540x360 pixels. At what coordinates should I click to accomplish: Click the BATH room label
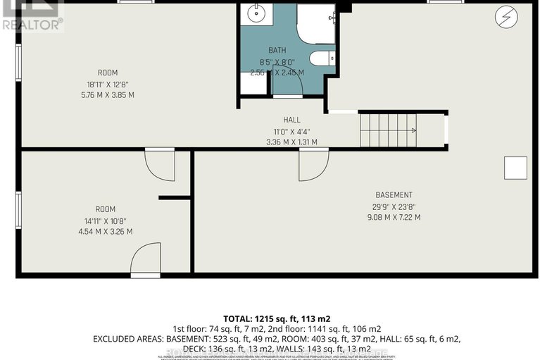pyautogui.click(x=277, y=51)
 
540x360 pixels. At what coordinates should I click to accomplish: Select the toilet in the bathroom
pyautogui.click(x=322, y=58)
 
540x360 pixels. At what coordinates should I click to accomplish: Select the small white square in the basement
pyautogui.click(x=515, y=168)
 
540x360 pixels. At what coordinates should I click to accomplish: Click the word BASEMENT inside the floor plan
pyautogui.click(x=394, y=195)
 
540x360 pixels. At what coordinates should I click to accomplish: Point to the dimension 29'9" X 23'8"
pyautogui.click(x=394, y=206)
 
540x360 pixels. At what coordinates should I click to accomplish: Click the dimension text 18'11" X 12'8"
pyautogui.click(x=108, y=84)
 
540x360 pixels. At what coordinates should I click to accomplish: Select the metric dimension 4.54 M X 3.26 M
pyautogui.click(x=105, y=231)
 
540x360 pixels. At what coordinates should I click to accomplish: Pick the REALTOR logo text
pyautogui.click(x=32, y=23)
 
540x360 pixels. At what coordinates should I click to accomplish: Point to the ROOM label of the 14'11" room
pyautogui.click(x=105, y=209)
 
